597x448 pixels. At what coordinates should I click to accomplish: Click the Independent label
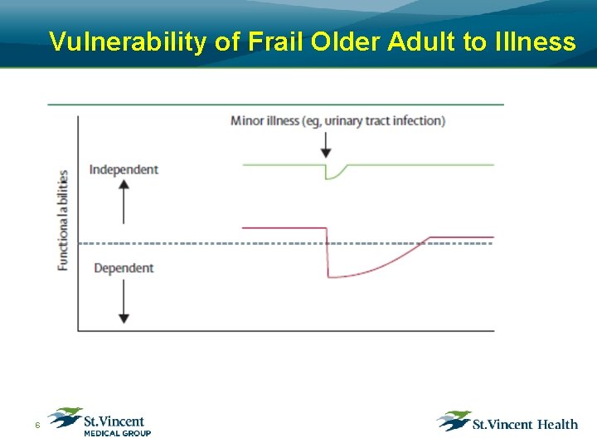pos(124,169)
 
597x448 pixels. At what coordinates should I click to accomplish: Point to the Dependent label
pos(124,268)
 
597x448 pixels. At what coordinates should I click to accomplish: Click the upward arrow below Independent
pos(124,201)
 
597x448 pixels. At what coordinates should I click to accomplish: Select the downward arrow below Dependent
pos(124,301)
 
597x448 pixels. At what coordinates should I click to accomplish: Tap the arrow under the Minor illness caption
pos(326,144)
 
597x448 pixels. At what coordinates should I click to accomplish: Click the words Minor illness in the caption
pos(264,121)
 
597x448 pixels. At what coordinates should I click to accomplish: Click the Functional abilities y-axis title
pos(63,219)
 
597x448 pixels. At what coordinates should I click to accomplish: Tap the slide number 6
pos(36,426)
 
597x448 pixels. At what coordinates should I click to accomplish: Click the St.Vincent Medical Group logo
pos(99,421)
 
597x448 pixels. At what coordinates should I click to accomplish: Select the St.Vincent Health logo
pos(507,422)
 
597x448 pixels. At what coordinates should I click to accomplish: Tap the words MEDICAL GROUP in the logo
pos(117,433)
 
